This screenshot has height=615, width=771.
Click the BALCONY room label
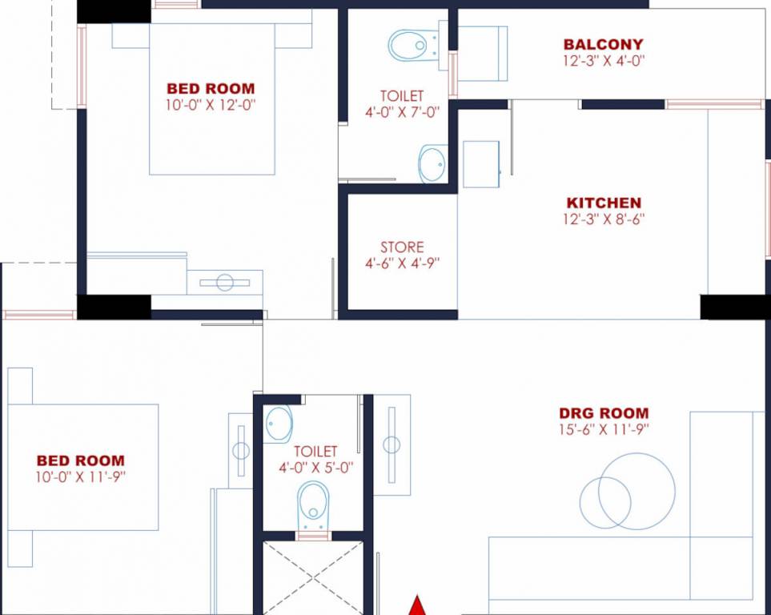tap(603, 45)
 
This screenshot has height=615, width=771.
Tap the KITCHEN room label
tap(604, 203)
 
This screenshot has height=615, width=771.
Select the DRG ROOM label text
tap(604, 414)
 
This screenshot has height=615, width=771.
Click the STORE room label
tap(402, 247)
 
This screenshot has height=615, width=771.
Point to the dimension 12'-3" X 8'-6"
tap(604, 219)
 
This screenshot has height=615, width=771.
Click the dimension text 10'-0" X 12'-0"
tap(211, 104)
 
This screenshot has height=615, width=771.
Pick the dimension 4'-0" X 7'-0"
tap(402, 113)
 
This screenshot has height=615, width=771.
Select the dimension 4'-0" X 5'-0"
tap(315, 467)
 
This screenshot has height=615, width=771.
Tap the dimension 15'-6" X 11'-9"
tap(604, 429)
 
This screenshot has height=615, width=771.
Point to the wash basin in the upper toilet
tap(432, 163)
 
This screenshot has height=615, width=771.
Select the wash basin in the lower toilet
tap(279, 424)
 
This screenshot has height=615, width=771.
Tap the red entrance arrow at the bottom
tap(416, 605)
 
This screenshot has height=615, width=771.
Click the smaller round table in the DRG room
tap(604, 502)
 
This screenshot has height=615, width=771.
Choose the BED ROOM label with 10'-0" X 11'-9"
tap(80, 460)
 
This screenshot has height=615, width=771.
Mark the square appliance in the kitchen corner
tap(481, 164)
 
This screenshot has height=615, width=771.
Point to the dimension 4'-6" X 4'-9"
tap(402, 263)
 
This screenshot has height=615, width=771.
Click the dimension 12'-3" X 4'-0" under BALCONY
tap(603, 59)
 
